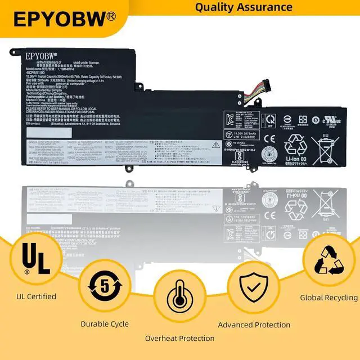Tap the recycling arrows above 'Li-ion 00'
pyautogui.click(x=296, y=145)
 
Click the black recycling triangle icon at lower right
pyautogui.click(x=329, y=258)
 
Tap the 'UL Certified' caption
pyautogui.click(x=37, y=296)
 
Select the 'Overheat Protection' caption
pyautogui.click(x=179, y=338)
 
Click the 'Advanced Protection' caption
pyautogui.click(x=254, y=325)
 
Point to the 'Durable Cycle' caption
pyautogui.click(x=105, y=323)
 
